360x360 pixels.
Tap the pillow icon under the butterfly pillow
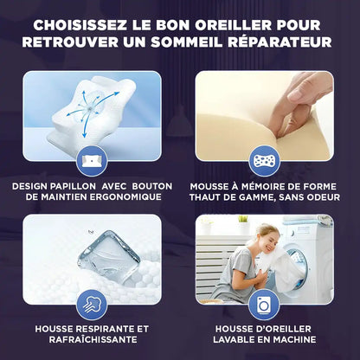click(91, 160)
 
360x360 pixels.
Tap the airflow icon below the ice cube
click(91, 304)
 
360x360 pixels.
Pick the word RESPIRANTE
click(101, 329)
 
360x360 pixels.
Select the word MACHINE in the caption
click(292, 341)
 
